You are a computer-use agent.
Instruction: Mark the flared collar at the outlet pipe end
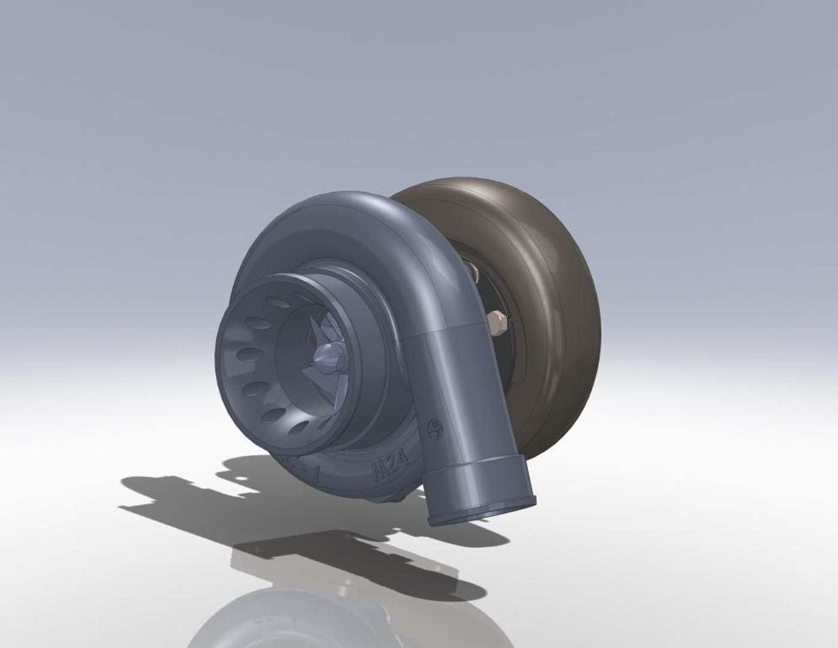[x=483, y=501]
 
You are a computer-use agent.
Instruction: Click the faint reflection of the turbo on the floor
[x=288, y=618]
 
